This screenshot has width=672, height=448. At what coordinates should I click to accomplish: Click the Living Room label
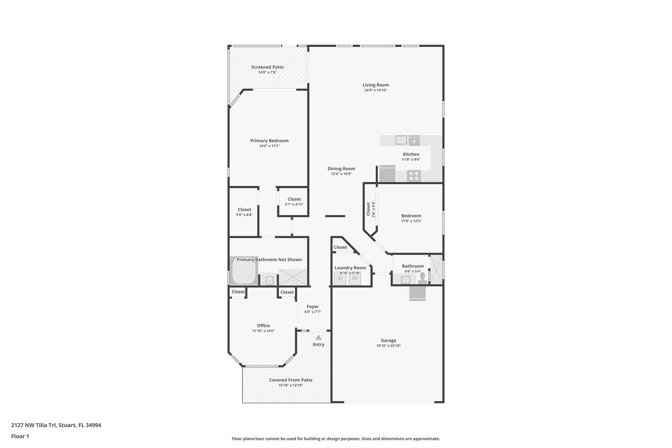(x=375, y=85)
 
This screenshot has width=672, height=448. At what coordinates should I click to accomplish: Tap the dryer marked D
(x=340, y=279)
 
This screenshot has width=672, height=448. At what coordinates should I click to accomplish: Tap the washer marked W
(x=355, y=279)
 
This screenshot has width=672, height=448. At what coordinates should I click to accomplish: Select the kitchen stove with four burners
(x=414, y=176)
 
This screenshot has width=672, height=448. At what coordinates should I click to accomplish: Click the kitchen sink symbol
(x=401, y=140)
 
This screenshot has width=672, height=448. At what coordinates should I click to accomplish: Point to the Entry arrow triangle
(x=318, y=337)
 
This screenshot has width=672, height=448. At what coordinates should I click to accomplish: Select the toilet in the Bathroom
(x=422, y=278)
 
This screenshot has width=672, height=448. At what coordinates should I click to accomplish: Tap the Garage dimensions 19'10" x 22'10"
(x=388, y=346)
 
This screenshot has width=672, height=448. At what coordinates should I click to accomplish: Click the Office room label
(x=263, y=326)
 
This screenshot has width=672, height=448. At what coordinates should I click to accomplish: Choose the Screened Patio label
(x=267, y=67)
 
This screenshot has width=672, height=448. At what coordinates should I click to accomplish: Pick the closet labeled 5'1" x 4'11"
(x=294, y=202)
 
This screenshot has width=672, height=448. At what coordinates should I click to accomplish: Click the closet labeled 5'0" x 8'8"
(x=244, y=212)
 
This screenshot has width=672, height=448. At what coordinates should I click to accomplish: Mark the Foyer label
(x=313, y=307)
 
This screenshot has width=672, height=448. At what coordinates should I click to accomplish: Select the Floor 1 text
(x=20, y=437)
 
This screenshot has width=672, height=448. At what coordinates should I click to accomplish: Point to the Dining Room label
(x=341, y=169)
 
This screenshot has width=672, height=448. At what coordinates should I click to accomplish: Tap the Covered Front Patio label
(x=291, y=380)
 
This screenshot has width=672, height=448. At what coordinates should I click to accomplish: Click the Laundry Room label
(x=350, y=268)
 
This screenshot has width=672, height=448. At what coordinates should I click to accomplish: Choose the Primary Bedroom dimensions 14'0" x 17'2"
(x=269, y=146)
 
